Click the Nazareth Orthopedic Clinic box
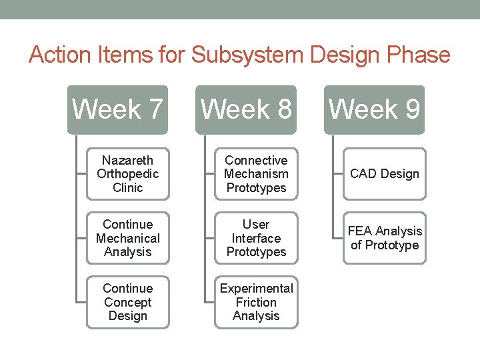[x=127, y=174]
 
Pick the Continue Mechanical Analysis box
[x=127, y=238]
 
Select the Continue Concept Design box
[x=127, y=302]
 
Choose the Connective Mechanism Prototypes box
[x=256, y=174]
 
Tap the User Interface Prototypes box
[x=256, y=238]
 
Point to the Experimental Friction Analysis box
[x=256, y=302]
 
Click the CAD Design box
[x=384, y=174]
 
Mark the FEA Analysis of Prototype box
[x=384, y=238]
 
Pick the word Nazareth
[x=127, y=160]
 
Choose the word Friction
[x=256, y=302]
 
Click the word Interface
[x=256, y=238]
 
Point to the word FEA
[x=359, y=231]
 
